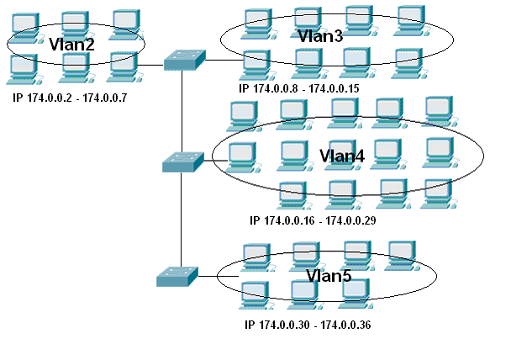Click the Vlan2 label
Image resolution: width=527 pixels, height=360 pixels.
(x=72, y=43)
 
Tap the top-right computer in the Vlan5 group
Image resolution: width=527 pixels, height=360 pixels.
(x=400, y=255)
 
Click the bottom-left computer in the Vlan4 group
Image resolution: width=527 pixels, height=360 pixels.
(x=292, y=194)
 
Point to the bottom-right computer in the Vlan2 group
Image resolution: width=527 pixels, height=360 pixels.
(x=123, y=66)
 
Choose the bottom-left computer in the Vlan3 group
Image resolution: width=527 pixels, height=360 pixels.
(x=255, y=63)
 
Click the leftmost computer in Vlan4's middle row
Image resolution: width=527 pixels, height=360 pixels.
(x=242, y=156)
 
